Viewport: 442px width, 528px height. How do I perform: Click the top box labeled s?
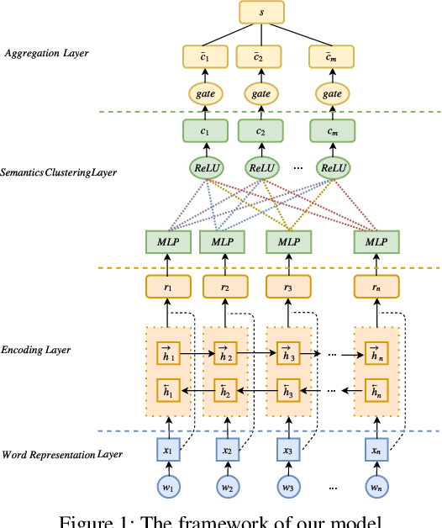coord(260,12)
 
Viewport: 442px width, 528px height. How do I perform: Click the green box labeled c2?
coord(260,131)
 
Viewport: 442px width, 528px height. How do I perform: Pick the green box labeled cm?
coord(334,131)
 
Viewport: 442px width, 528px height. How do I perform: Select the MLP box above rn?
coord(375,240)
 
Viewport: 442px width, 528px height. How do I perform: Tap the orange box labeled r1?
coord(168,287)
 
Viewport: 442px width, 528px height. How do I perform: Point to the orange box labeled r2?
coord(226,287)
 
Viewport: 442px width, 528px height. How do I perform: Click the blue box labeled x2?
coord(226,451)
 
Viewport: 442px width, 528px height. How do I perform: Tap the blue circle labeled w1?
coord(168,487)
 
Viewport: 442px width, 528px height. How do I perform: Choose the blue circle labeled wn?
coord(375,487)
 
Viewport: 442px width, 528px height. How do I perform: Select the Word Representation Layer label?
coord(63,455)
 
